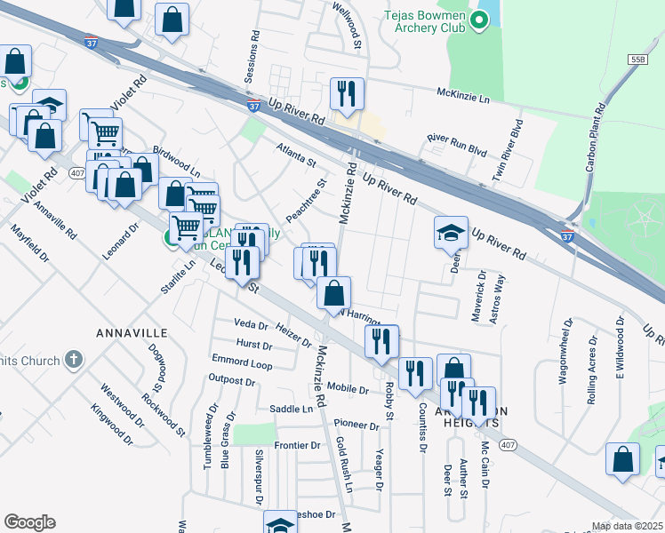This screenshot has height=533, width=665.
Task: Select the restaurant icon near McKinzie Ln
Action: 347,93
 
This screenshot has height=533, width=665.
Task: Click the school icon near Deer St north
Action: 451,234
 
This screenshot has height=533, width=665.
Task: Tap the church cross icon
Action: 74,360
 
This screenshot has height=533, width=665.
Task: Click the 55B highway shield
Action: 637,59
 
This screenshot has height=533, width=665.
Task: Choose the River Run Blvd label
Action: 457,145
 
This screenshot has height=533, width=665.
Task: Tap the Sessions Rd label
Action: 254,55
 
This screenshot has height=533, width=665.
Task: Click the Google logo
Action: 29,522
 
